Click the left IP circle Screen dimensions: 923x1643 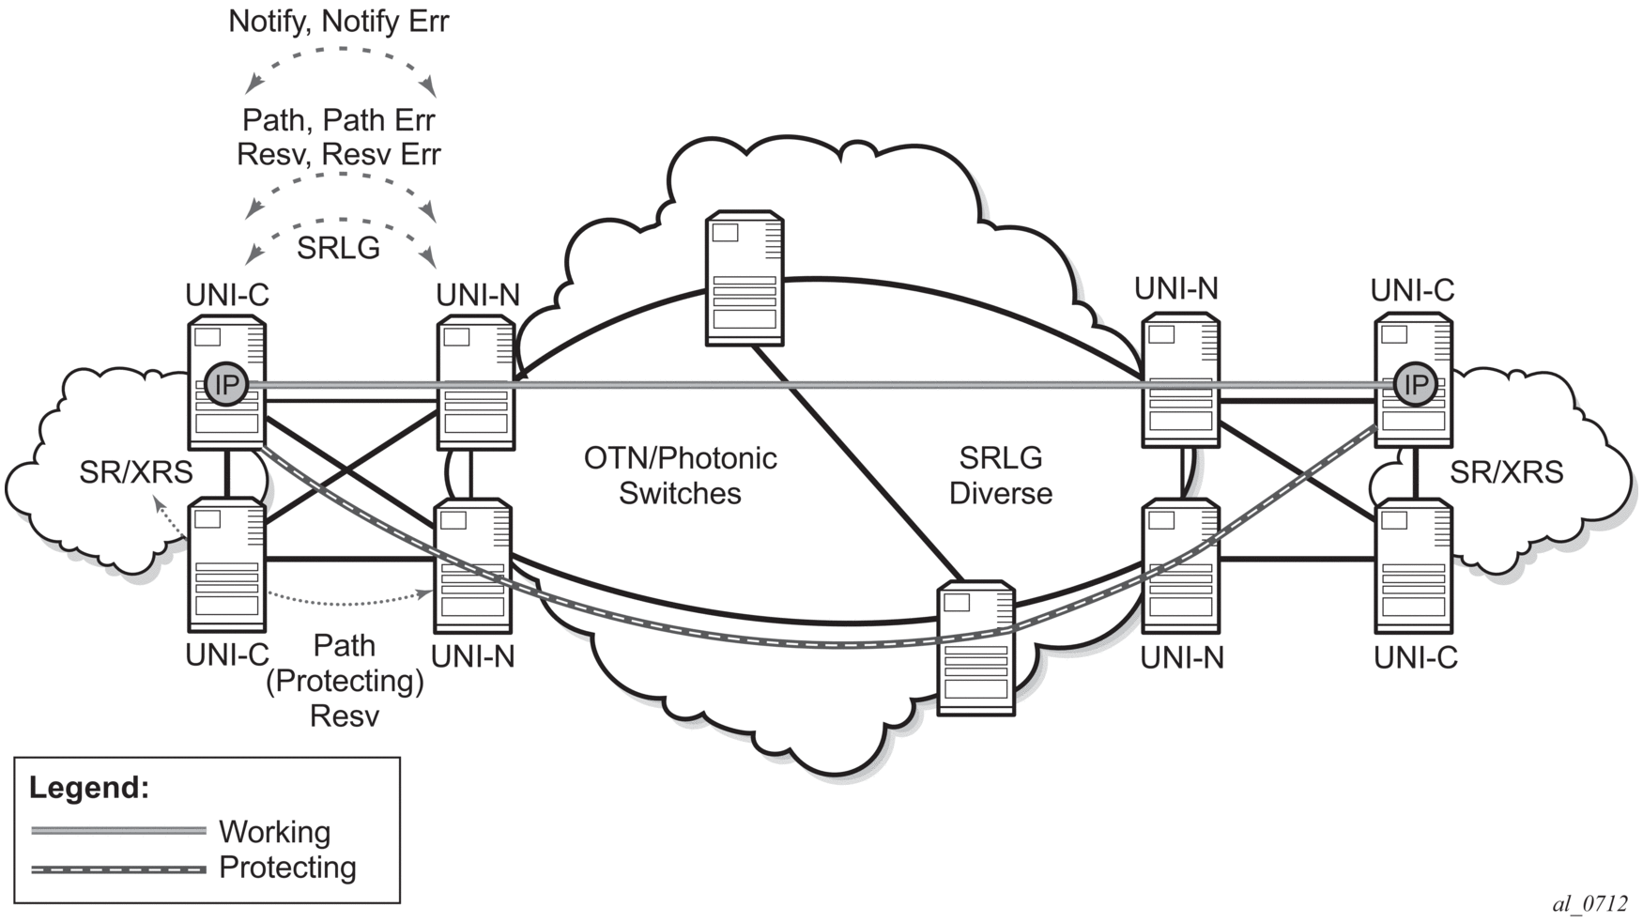point(225,384)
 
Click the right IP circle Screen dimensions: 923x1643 point(1415,384)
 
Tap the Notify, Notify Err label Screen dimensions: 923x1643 point(339,22)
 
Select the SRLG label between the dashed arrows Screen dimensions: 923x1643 point(338,248)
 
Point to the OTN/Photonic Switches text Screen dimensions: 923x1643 point(681,475)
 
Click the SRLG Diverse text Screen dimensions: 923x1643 point(1001,475)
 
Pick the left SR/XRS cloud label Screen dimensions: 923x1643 point(136,472)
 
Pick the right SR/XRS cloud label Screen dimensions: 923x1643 point(1507,472)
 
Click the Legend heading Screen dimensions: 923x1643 point(89,787)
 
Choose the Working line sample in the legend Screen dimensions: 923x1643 point(118,831)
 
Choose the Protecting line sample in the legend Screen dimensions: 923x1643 point(118,869)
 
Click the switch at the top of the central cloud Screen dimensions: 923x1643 point(745,279)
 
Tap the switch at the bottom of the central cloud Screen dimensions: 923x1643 point(976,649)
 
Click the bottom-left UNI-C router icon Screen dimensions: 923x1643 point(227,566)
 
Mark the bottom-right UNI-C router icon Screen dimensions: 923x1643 point(1414,566)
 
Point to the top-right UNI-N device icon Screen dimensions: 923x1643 point(1181,380)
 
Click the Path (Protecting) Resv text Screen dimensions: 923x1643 point(345,681)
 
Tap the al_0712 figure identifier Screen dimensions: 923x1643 point(1589,903)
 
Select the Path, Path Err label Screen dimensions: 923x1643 point(339,120)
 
